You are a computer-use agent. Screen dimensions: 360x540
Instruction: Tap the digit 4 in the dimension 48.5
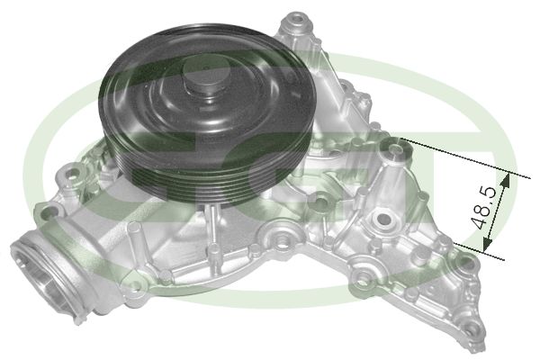[485, 220]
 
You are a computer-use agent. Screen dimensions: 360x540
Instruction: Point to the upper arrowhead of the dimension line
[506, 178]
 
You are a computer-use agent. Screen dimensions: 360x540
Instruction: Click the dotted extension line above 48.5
[450, 157]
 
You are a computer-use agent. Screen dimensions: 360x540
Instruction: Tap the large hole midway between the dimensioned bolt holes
[383, 218]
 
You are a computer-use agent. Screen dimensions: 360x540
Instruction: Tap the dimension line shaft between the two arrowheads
[498, 211]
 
